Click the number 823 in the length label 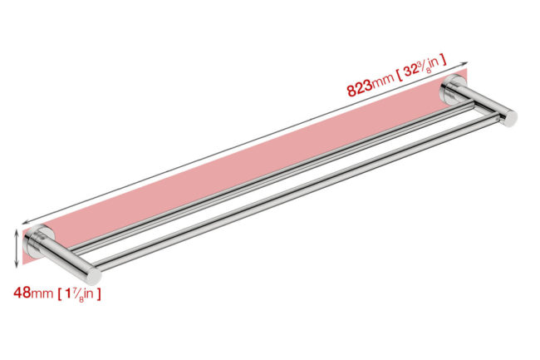[x=360, y=88]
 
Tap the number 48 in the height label [x=22, y=293]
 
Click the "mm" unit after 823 [x=383, y=81]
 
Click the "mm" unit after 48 [x=42, y=293]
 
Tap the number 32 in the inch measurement [x=411, y=72]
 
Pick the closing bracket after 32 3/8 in [x=444, y=60]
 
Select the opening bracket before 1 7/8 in [x=60, y=294]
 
